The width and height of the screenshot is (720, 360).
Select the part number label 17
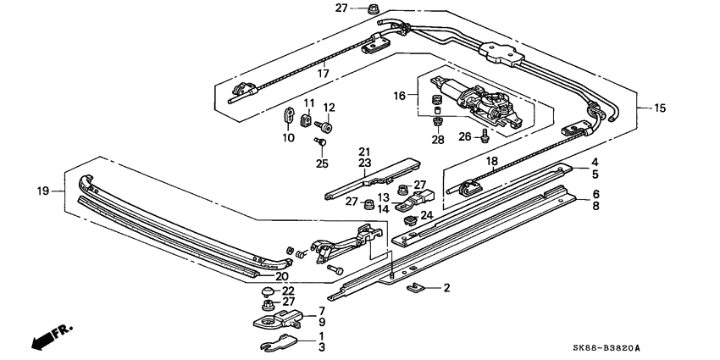tap(324, 73)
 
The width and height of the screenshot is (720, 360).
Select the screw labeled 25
tap(322, 142)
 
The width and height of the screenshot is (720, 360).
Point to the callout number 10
tap(289, 137)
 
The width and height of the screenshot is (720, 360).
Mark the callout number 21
tap(364, 151)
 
